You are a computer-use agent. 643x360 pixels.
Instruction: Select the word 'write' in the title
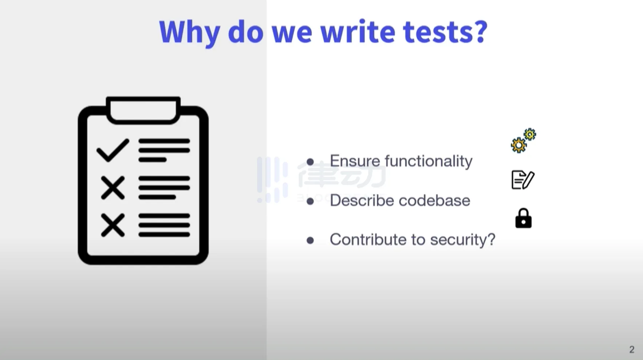(358, 31)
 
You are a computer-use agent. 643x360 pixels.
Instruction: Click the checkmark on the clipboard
(113, 150)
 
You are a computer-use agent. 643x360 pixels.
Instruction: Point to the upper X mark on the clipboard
(113, 188)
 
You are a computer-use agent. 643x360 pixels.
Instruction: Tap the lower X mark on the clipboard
(113, 225)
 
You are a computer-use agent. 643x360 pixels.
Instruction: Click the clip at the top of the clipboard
(143, 110)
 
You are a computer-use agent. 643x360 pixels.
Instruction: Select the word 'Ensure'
(355, 161)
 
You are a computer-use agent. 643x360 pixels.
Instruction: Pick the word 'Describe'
(362, 200)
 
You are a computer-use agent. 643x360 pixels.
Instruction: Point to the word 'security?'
(462, 240)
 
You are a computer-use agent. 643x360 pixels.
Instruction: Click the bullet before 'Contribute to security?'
(310, 240)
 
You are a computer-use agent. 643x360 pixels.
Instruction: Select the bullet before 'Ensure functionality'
(310, 162)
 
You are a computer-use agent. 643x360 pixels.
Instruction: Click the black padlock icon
(523, 218)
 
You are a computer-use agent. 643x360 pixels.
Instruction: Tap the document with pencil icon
(523, 180)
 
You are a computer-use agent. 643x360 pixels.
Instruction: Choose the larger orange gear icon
(518, 145)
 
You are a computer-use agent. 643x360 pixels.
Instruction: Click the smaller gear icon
(530, 134)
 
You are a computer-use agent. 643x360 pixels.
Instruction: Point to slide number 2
(632, 349)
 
